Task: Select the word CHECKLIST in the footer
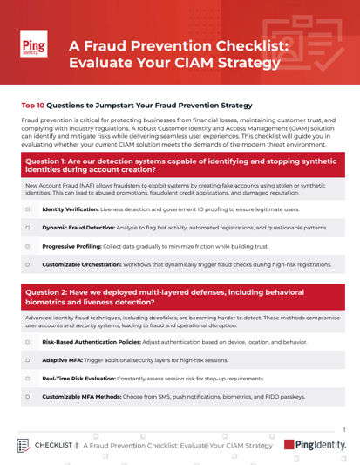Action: click(54, 445)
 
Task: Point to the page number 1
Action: click(345, 429)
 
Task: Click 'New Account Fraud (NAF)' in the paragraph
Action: click(59, 186)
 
